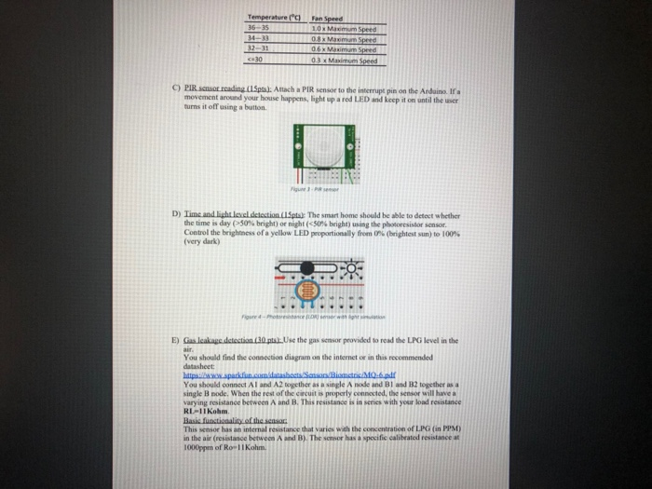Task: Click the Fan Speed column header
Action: [328, 18]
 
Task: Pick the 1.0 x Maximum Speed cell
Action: [344, 28]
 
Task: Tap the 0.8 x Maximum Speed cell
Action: [344, 39]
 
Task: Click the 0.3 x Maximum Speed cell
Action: [344, 61]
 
